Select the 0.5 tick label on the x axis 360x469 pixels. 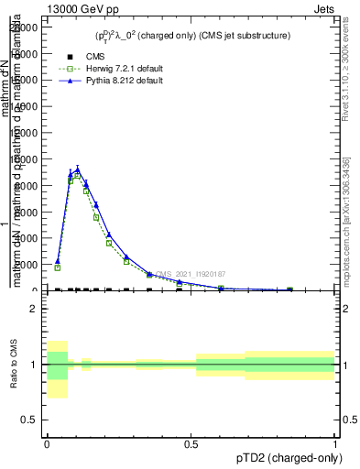click(191, 443)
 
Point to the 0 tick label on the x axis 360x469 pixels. click(47, 443)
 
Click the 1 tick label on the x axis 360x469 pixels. click(335, 443)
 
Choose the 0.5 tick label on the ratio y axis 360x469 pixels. click(27, 420)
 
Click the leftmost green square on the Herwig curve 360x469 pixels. click(57, 267)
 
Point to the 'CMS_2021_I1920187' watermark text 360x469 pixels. click(190, 274)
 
